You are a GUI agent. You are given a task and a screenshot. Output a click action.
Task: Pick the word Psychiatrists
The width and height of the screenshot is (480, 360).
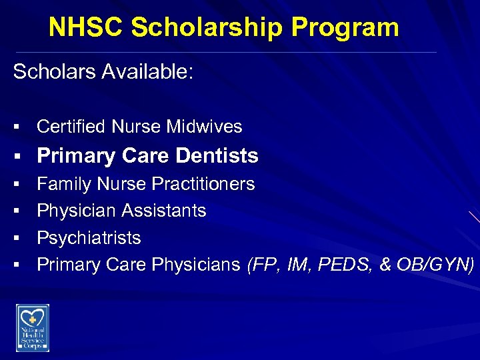coord(89,238)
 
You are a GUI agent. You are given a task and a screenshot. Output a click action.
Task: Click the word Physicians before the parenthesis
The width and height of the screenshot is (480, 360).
coord(196,265)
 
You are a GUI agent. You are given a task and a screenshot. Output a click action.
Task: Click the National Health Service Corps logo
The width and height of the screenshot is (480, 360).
coord(33,327)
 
